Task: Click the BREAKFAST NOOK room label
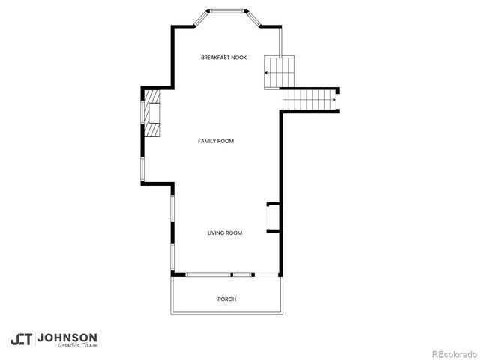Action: click(224, 58)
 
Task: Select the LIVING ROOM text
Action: click(225, 233)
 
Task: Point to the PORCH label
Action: click(226, 299)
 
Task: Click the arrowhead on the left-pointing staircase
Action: click(265, 73)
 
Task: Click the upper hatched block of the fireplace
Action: click(153, 100)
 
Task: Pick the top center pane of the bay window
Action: click(227, 10)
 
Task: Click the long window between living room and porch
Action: click(208, 274)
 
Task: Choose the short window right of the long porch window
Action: click(243, 274)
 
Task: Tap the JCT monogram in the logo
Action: click(22, 339)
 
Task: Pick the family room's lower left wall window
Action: click(142, 169)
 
